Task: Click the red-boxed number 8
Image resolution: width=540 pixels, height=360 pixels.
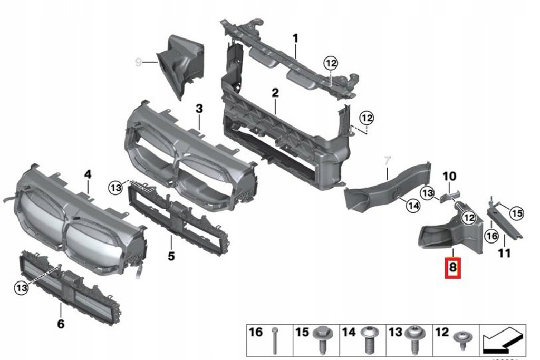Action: pyautogui.click(x=453, y=268)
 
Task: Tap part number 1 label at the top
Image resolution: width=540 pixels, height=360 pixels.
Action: pyautogui.click(x=295, y=38)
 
